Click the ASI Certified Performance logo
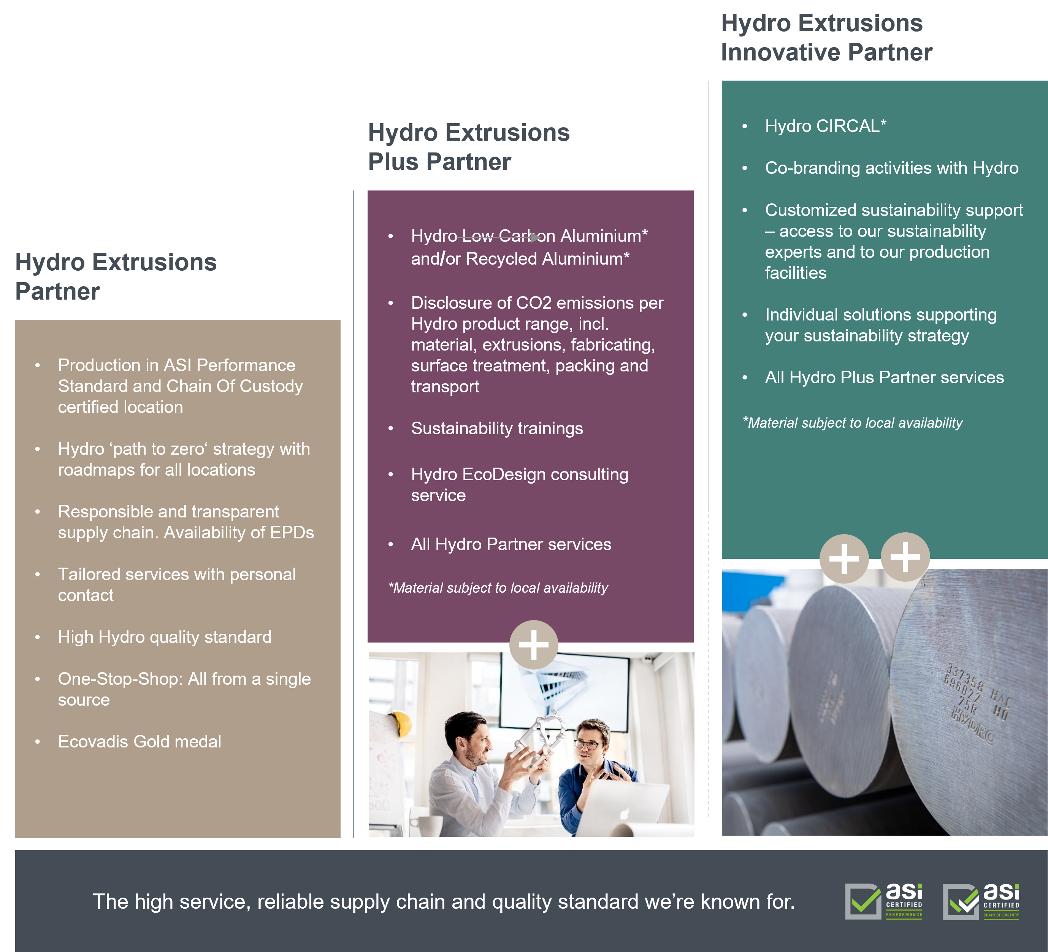point(884,901)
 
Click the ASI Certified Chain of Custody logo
point(981,901)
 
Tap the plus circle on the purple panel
point(533,645)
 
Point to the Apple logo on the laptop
point(625,813)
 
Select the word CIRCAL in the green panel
point(848,126)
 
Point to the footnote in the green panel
point(853,423)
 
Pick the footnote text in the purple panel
point(498,588)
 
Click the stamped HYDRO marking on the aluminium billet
point(972,725)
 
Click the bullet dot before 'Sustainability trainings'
point(391,429)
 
